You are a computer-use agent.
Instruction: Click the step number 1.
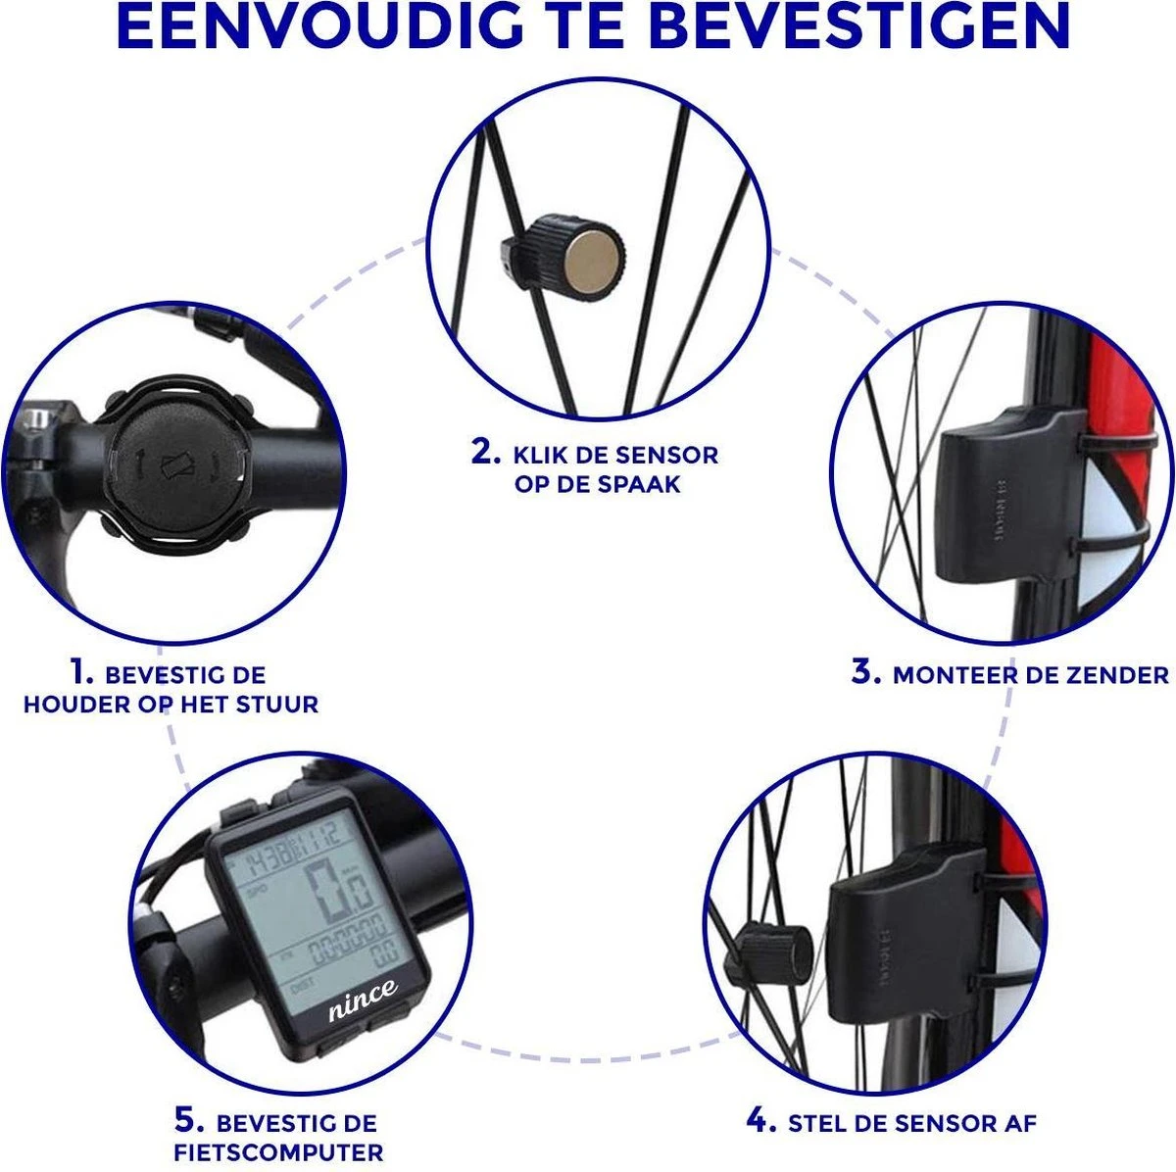click(80, 672)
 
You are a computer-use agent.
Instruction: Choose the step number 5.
click(189, 1121)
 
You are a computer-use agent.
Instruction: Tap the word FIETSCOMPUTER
click(278, 1152)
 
